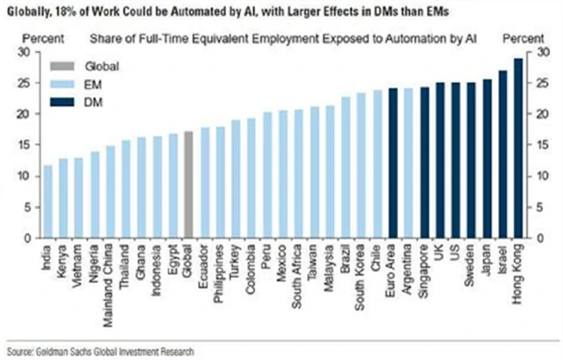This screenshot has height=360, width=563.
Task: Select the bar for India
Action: tap(48, 202)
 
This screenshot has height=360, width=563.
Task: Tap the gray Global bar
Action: tap(188, 185)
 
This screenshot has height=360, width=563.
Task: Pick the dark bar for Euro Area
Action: tap(393, 163)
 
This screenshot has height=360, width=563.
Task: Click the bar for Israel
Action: tap(503, 154)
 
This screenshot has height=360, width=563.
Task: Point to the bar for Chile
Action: tap(377, 164)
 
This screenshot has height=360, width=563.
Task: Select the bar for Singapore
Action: tap(425, 162)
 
